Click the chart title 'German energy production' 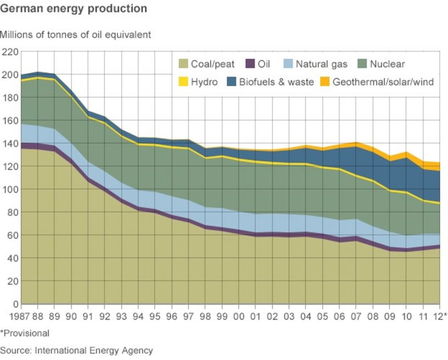(x=73, y=9)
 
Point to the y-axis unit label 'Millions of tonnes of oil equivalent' (x=75, y=35)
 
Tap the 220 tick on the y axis (x=10, y=52)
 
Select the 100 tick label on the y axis (x=10, y=189)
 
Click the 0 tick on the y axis (x=15, y=304)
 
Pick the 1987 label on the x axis (x=11, y=316)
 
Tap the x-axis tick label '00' (x=239, y=316)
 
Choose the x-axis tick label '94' (x=139, y=316)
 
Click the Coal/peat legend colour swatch (x=183, y=65)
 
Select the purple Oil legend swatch (x=250, y=65)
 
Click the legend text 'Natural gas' (x=321, y=65)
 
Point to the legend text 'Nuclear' (x=387, y=65)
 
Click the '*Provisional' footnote (x=24, y=333)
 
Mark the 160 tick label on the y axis (x=10, y=121)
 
